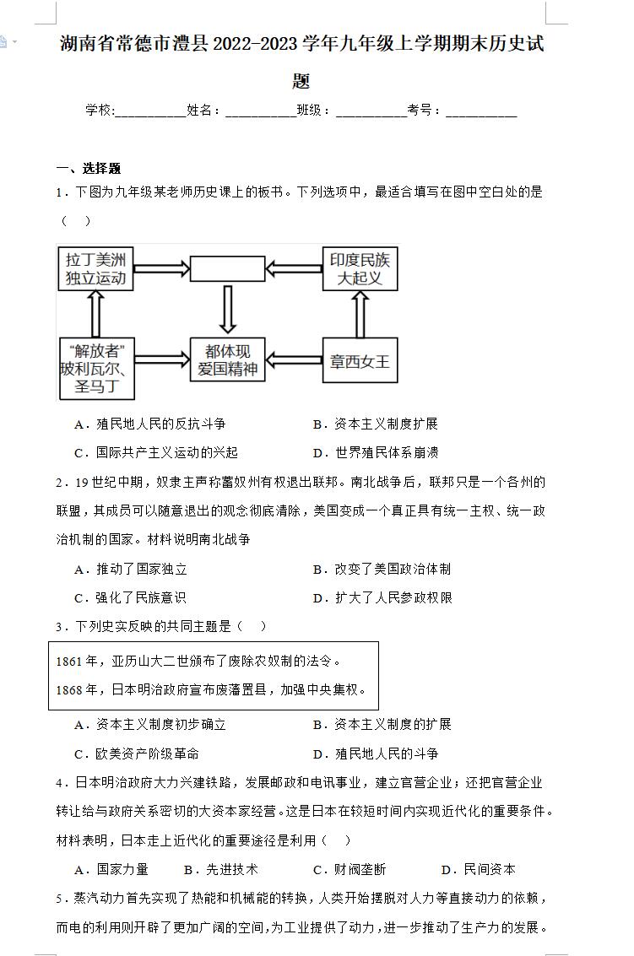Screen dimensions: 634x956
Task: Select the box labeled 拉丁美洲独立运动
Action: [95, 269]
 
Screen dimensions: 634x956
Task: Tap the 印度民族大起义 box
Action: [360, 268]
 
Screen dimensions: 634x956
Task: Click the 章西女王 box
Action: [360, 361]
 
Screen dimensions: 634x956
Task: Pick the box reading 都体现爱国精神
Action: [227, 359]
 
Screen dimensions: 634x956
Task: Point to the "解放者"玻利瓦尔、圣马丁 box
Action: [96, 368]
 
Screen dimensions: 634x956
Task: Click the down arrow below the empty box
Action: [228, 309]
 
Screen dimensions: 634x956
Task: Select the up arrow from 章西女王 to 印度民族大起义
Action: [360, 314]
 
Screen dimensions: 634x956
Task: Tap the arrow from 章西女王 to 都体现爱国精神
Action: [294, 360]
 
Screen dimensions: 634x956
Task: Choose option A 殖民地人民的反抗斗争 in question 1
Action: [150, 424]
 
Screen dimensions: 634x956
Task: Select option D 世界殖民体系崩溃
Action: [376, 452]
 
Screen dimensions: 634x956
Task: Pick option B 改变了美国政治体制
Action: [382, 569]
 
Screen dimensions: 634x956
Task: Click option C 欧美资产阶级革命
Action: [137, 753]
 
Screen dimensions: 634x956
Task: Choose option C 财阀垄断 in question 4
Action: [350, 869]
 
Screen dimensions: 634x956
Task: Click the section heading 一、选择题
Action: [89, 168]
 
